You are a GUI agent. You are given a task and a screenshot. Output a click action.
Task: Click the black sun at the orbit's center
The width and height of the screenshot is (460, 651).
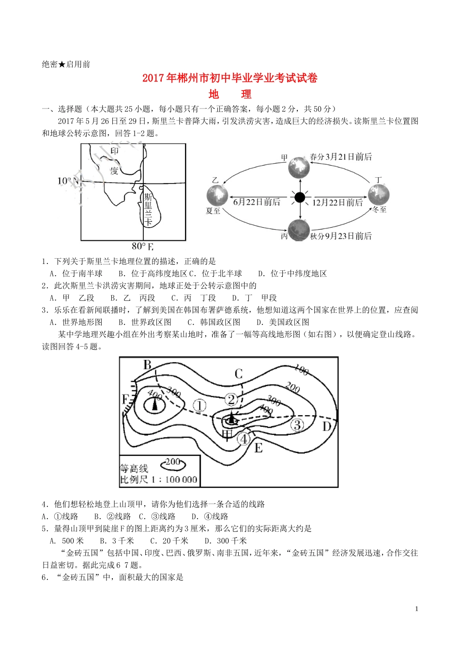[x=300, y=197]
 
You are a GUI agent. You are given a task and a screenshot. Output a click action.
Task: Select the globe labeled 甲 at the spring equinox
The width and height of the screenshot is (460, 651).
[x=299, y=168]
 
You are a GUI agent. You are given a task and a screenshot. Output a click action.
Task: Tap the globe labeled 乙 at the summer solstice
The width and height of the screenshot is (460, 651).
[x=217, y=195]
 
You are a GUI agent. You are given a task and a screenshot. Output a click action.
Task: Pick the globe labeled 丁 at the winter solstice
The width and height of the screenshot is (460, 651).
[x=379, y=195]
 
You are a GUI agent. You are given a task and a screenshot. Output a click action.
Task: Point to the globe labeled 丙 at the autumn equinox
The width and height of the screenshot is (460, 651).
[x=299, y=230]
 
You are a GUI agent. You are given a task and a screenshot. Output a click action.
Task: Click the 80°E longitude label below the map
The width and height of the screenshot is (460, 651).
[x=142, y=246]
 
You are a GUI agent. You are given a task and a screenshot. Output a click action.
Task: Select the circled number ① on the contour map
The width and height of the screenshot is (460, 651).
[x=199, y=405]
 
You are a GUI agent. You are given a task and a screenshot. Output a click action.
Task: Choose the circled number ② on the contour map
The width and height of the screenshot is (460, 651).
[x=231, y=400]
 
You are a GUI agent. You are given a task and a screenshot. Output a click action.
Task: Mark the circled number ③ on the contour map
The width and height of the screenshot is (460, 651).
[x=297, y=425]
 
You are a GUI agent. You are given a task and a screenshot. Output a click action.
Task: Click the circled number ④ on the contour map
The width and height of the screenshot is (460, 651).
[x=244, y=439]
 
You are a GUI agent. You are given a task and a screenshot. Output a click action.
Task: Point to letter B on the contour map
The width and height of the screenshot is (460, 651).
[x=148, y=365]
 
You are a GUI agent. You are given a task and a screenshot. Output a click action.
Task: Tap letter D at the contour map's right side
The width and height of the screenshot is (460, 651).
[x=327, y=427]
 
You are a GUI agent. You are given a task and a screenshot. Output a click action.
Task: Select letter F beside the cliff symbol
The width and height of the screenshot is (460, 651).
[x=125, y=399]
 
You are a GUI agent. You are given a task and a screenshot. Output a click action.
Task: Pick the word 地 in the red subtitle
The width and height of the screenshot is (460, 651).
[x=214, y=94]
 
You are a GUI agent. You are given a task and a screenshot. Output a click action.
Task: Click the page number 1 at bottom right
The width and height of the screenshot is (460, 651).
[x=416, y=609]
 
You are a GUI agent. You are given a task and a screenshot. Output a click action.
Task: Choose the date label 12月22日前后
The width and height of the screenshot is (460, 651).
[x=337, y=202]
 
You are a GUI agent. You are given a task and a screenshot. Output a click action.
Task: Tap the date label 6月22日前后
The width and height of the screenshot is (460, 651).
[x=257, y=202]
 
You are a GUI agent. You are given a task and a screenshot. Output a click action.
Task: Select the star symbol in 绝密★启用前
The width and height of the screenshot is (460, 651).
[x=62, y=64]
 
